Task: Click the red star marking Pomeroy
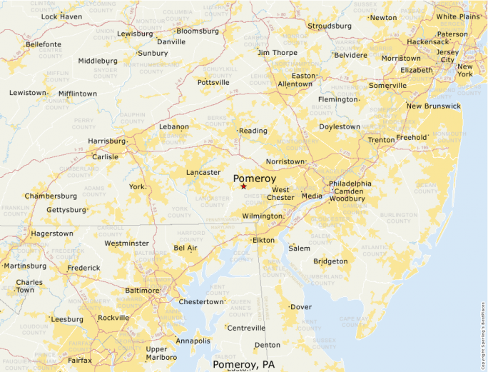tap(243, 186)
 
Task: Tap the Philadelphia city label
tap(350, 184)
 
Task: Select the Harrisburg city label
tap(106, 141)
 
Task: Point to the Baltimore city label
tap(142, 291)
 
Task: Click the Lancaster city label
tap(203, 172)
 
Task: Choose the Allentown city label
tap(295, 84)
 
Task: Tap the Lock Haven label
tap(61, 16)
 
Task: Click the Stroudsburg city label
tap(329, 26)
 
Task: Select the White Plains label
tap(458, 16)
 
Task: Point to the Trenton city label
tap(381, 140)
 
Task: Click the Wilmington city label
tap(262, 216)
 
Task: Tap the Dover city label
tap(301, 307)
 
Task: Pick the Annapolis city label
tap(193, 341)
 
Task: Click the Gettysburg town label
tap(66, 210)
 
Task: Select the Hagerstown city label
tap(51, 233)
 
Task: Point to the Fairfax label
tap(80, 361)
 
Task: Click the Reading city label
tap(253, 131)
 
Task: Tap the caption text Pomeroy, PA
tap(243, 365)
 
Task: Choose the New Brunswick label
tap(433, 106)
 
